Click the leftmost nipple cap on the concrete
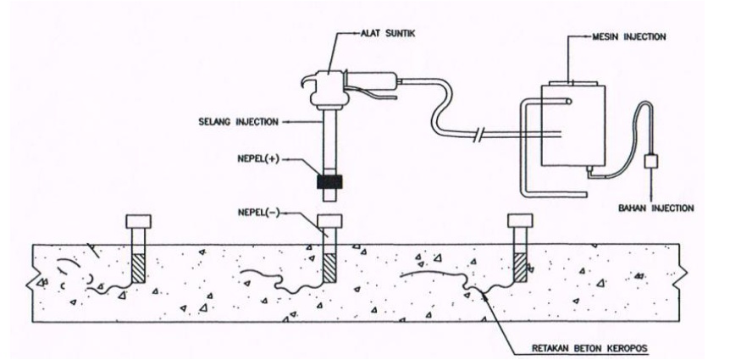[x=138, y=222]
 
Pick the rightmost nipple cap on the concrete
[x=519, y=222]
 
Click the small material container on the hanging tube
[x=650, y=162]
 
